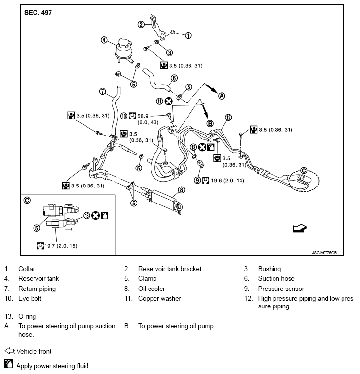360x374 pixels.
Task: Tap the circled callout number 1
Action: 189,35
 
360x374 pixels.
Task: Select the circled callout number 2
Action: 141,24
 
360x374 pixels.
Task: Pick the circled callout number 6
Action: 174,77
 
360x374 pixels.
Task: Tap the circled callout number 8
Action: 181,189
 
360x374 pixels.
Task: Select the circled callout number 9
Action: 197,180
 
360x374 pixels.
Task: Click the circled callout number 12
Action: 228,117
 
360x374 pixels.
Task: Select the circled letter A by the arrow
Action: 222,96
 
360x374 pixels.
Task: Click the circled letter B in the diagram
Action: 210,124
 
